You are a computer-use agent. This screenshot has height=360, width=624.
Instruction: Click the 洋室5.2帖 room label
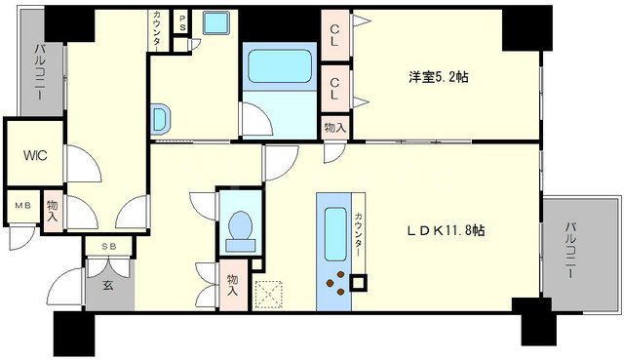click(x=437, y=77)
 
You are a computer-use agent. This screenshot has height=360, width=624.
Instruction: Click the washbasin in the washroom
click(x=160, y=120)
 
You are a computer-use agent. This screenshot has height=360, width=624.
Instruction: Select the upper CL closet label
click(x=334, y=41)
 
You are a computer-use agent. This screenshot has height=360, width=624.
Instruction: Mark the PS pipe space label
click(x=181, y=22)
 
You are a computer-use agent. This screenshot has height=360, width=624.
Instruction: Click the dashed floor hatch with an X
click(x=266, y=294)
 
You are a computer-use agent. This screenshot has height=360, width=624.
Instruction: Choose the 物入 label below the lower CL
click(x=334, y=126)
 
